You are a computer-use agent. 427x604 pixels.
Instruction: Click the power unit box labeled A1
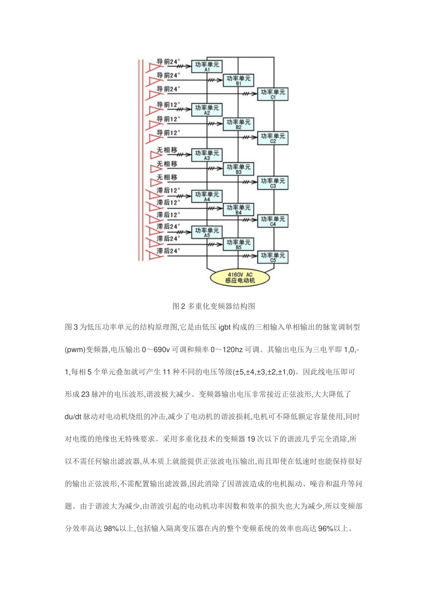(207, 67)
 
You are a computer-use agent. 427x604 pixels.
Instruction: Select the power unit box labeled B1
(238, 80)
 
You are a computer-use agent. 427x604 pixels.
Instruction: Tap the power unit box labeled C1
(272, 94)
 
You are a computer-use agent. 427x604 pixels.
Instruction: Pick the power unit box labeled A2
(207, 110)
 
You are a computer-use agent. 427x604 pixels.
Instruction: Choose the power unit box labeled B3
(238, 169)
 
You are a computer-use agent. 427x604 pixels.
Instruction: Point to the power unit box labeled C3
(272, 183)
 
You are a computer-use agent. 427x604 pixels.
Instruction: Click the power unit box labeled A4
(207, 196)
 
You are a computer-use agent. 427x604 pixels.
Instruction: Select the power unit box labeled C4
(272, 221)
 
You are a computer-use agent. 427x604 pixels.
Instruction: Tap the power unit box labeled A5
(207, 232)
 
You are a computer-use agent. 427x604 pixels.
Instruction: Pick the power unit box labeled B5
(238, 244)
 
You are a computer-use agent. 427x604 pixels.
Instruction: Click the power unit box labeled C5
(272, 257)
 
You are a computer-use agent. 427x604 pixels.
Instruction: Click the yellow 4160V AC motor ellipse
(240, 277)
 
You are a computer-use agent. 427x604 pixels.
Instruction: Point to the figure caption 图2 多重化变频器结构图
(213, 306)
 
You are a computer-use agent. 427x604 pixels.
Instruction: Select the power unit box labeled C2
(272, 138)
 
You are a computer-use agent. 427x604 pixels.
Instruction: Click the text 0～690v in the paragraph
(156, 350)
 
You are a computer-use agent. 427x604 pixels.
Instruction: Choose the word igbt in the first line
(224, 327)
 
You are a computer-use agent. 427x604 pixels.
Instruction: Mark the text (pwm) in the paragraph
(75, 350)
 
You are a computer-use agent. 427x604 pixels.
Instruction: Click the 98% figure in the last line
(111, 529)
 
